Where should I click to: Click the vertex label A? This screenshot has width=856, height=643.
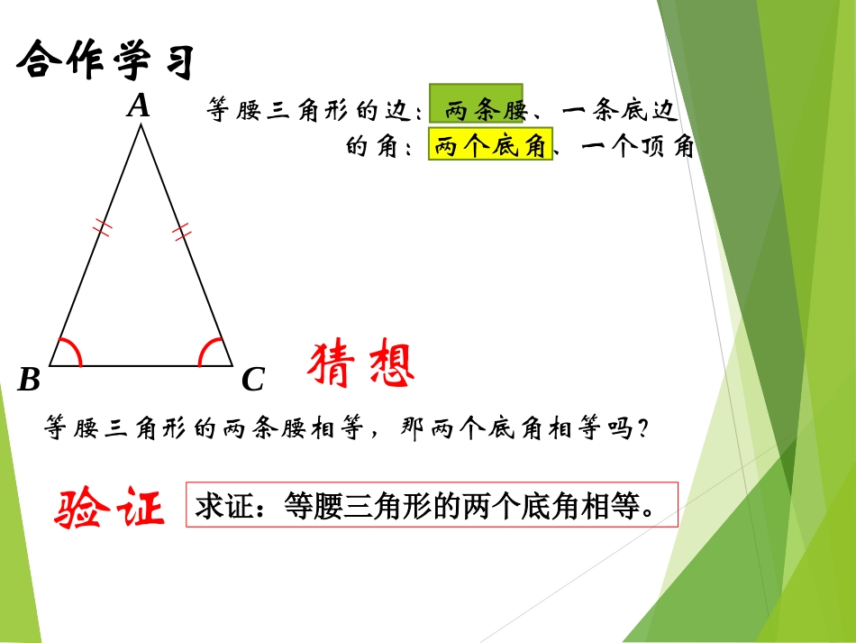click(x=138, y=107)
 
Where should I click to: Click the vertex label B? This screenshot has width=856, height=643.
click(x=29, y=380)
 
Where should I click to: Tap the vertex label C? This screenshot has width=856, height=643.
click(x=253, y=381)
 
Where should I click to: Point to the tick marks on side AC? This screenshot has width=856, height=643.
click(x=183, y=232)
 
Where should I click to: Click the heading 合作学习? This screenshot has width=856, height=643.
click(x=106, y=61)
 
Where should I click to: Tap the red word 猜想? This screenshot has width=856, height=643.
click(x=361, y=365)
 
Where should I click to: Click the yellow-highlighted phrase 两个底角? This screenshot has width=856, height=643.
click(x=490, y=147)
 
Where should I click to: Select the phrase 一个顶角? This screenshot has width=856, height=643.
click(x=638, y=147)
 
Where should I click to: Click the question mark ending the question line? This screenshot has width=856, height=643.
click(x=642, y=430)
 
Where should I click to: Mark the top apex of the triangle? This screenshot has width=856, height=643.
click(x=141, y=125)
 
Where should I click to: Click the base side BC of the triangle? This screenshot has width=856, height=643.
click(x=141, y=366)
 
